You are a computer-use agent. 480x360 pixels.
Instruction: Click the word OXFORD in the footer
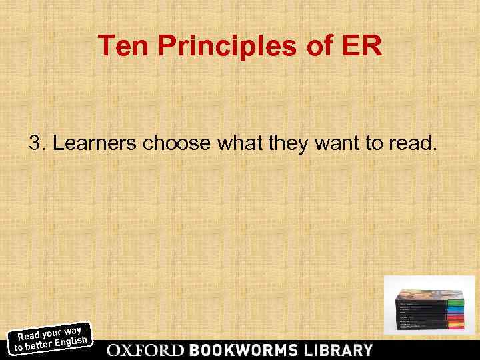click(x=146, y=350)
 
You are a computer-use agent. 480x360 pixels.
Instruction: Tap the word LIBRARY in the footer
click(x=337, y=350)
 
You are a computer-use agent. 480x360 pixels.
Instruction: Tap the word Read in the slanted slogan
click(x=27, y=336)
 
